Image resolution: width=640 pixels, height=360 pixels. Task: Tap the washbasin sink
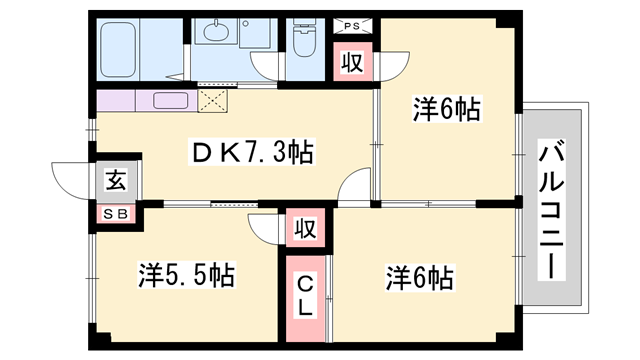pyautogui.click(x=217, y=34)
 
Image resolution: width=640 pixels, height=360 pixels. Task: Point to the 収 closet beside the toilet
pyautogui.click(x=353, y=62)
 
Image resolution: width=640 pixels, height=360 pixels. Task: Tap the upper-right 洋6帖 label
pyautogui.click(x=447, y=109)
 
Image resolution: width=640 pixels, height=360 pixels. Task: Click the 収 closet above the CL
pyautogui.click(x=306, y=229)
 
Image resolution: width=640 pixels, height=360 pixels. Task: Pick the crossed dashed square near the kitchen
pyautogui.click(x=213, y=99)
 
